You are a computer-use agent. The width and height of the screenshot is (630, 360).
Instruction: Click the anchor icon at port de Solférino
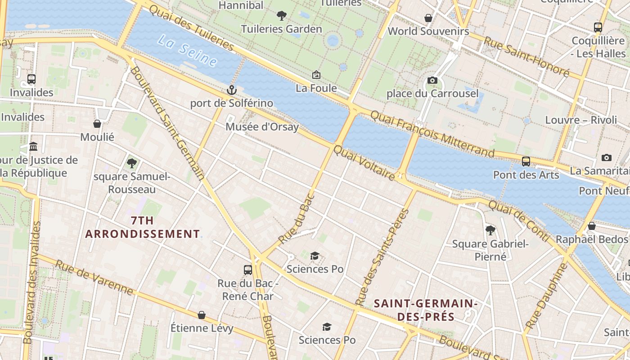pos(231,90)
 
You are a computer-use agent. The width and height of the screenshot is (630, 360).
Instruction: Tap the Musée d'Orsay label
pos(262,127)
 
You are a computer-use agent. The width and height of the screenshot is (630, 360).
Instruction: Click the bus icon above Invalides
pos(31,79)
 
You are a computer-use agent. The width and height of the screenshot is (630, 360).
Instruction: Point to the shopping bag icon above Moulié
pos(97,124)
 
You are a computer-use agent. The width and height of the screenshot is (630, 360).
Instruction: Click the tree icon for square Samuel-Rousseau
pos(131,163)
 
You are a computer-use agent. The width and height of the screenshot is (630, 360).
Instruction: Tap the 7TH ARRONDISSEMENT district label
pos(142,227)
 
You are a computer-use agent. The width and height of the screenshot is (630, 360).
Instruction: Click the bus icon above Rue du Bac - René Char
pos(247,270)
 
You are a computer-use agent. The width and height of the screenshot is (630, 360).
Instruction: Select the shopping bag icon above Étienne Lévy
pos(202,315)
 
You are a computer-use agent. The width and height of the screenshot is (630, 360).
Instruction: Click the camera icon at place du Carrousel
pos(432,81)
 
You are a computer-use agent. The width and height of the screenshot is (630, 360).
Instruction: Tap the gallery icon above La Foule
pos(316,75)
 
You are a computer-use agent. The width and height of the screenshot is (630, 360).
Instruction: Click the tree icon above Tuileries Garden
pos(282,16)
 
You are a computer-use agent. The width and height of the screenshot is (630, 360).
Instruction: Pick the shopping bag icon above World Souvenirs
pos(428,18)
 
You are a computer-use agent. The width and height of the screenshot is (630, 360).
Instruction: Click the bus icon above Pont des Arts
pos(526,161)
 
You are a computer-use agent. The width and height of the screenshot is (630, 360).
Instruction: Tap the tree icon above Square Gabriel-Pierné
pos(490,230)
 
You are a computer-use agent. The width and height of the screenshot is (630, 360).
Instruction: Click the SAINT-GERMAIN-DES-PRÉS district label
pos(425,310)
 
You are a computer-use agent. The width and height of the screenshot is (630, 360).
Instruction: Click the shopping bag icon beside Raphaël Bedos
pos(592,226)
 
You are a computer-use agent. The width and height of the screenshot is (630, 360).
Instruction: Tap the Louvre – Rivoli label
pos(581,120)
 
